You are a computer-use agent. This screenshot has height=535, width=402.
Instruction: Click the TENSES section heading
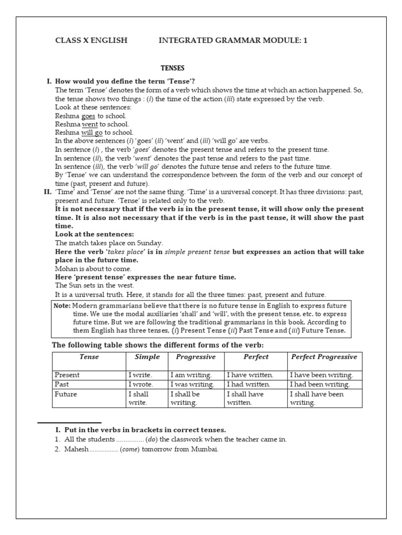172,68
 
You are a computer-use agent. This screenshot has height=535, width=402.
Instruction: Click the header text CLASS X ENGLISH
91,40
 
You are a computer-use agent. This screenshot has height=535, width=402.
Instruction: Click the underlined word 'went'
90,124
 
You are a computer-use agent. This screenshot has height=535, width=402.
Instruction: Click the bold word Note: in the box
62,305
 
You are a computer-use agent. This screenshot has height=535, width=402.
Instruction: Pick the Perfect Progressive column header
323,357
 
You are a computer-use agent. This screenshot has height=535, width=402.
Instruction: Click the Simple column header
147,357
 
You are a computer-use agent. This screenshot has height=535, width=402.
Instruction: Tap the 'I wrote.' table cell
140,385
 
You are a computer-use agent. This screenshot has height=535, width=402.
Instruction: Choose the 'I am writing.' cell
191,375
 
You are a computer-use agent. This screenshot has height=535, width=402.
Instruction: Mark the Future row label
65,394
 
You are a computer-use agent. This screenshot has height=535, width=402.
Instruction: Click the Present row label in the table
67,375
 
